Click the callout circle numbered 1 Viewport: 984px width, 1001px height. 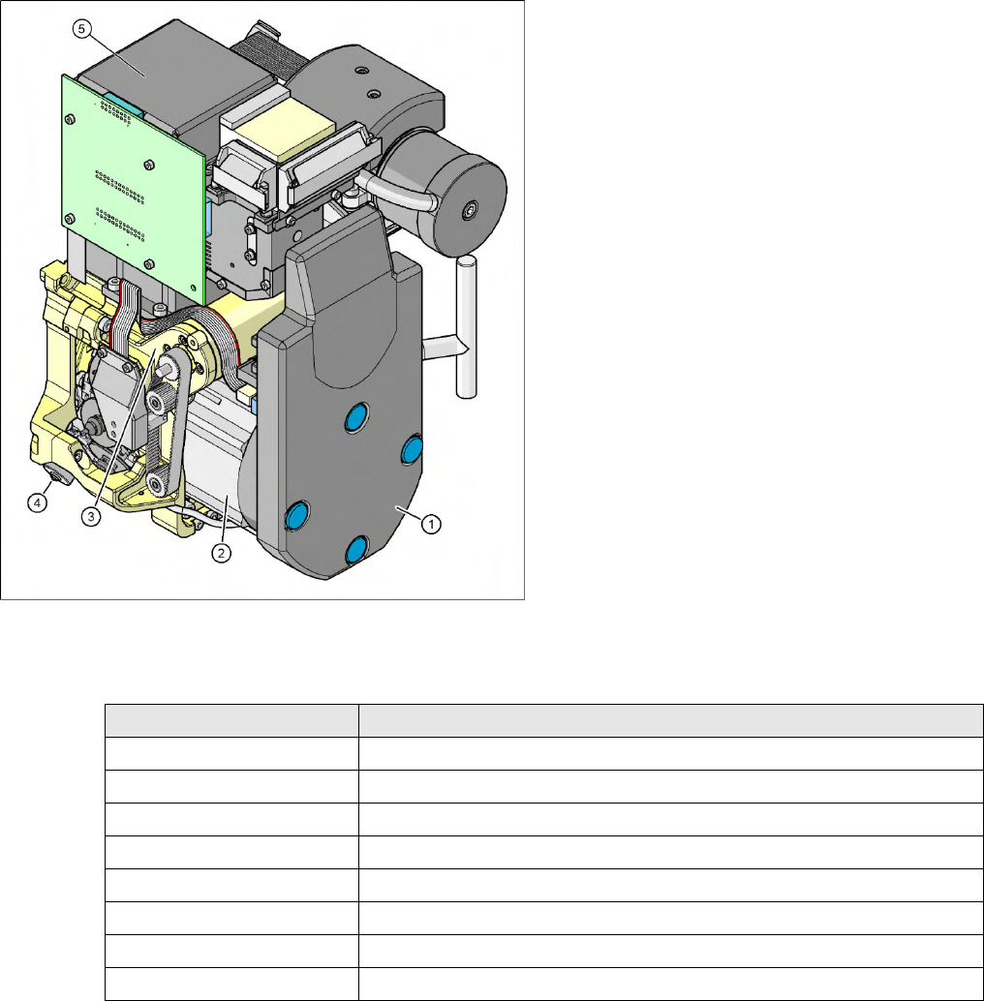point(431,525)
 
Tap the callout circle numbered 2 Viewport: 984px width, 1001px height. point(221,553)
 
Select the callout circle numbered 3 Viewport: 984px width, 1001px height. point(91,516)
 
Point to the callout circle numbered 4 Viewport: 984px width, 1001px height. point(37,503)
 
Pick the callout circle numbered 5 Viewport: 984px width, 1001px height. point(81,29)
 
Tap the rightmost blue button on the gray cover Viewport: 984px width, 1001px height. point(412,449)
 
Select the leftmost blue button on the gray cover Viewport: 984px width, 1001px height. point(296,516)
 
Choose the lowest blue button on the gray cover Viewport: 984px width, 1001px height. point(356,550)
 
